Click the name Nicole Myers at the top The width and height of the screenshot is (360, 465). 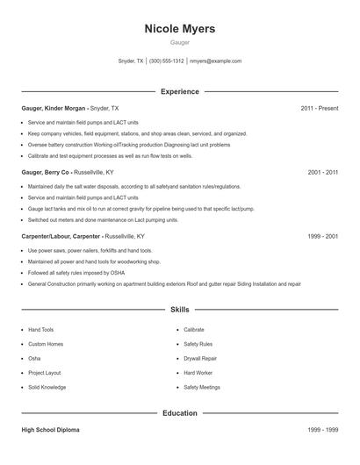point(179,28)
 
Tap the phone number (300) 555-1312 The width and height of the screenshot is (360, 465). point(166,61)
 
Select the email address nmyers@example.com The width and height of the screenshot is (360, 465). point(215,61)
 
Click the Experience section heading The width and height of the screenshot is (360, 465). point(179,91)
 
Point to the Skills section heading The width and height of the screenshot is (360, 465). point(179,310)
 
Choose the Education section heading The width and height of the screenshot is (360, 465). point(179,412)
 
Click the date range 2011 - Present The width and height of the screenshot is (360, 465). point(320,108)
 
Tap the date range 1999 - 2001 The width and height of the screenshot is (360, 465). point(323,237)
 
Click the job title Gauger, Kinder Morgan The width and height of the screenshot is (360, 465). point(55,108)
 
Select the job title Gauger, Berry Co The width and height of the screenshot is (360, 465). point(46,173)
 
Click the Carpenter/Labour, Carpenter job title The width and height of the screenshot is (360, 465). point(61,237)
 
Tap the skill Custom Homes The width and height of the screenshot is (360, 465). point(46,344)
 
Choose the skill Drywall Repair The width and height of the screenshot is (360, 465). point(200,358)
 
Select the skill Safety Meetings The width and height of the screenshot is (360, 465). point(202,387)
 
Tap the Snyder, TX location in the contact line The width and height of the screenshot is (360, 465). point(130,61)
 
